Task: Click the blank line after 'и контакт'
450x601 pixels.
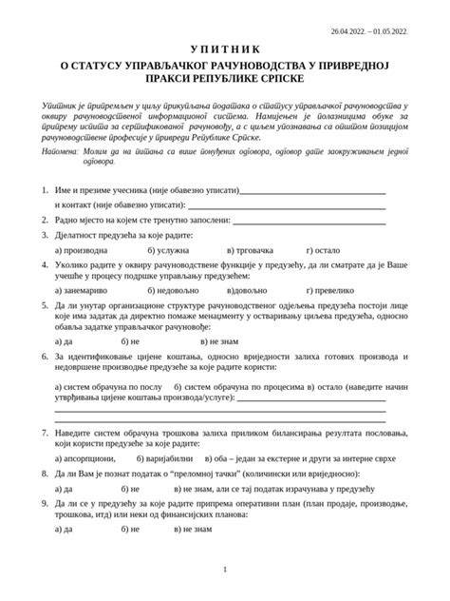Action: (287, 204)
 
